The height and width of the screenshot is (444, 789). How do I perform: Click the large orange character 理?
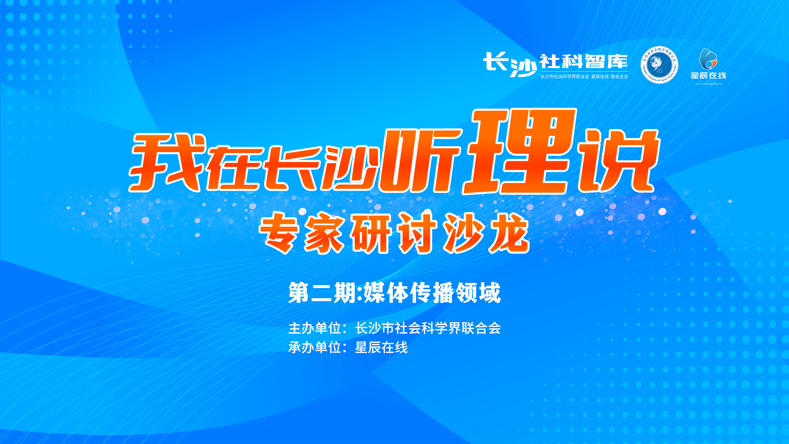coord(520,152)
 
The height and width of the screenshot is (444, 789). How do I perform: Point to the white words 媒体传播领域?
coord(432,293)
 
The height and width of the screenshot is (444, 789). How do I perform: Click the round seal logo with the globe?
coord(659,65)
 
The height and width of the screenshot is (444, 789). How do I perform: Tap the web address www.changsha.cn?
coord(708,83)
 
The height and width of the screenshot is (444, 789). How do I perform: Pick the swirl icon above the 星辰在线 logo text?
coord(708,59)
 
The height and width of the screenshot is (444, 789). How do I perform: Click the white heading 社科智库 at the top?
coord(584,62)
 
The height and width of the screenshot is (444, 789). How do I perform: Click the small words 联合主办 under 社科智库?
coord(619,77)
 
